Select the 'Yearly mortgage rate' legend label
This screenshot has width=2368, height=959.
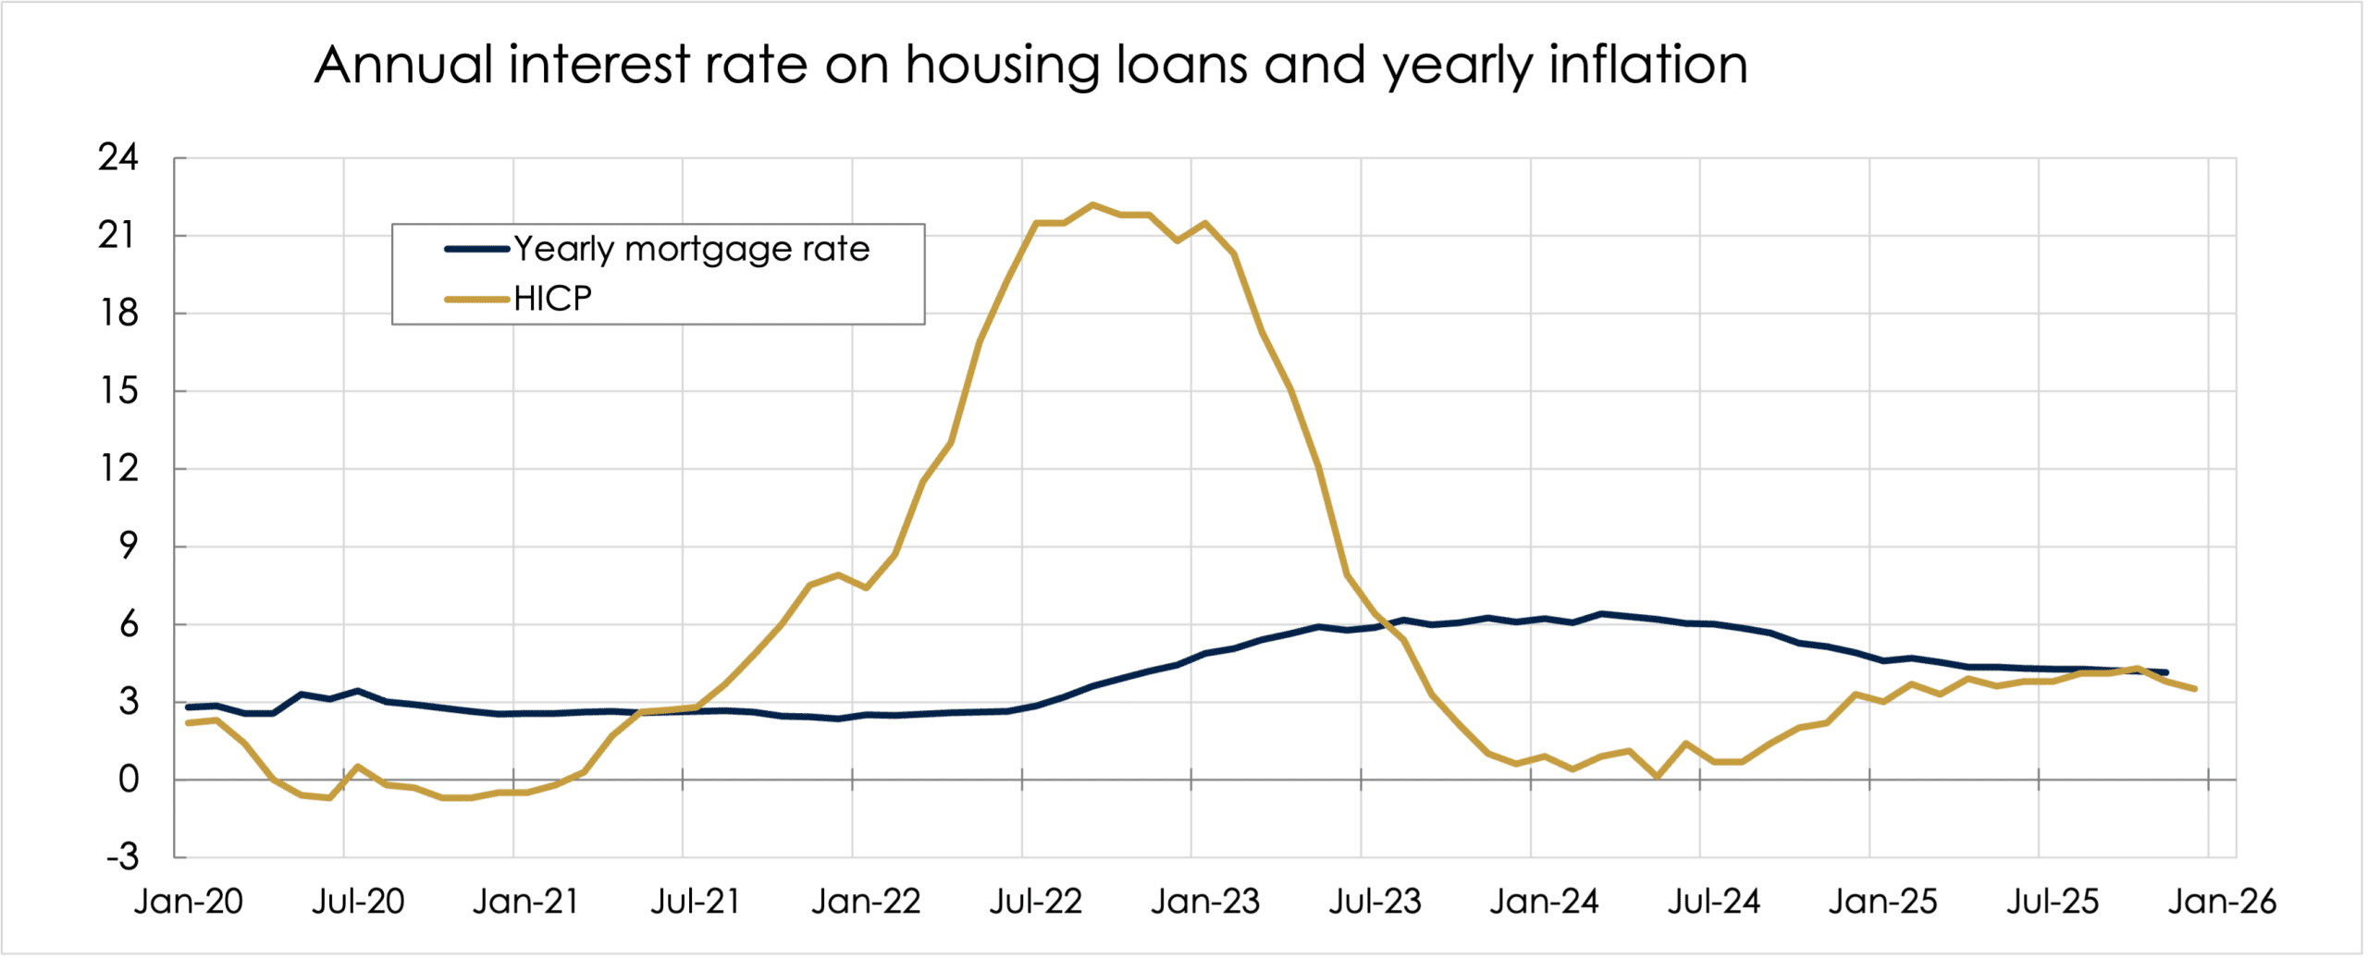pos(691,249)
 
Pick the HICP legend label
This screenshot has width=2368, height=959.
pos(552,299)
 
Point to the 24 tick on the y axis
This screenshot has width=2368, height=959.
pos(118,158)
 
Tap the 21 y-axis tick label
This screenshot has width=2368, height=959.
pos(118,236)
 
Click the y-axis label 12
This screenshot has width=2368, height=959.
pos(118,469)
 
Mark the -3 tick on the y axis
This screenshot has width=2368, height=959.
pos(121,857)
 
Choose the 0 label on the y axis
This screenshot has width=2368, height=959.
pos(129,780)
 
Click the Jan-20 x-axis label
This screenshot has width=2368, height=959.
pos(188,902)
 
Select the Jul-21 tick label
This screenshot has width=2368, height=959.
pos(696,902)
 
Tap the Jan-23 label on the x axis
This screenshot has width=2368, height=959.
pos(1204,902)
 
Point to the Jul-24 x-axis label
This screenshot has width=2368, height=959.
pos(1713,902)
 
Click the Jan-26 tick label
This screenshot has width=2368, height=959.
pos(2222,902)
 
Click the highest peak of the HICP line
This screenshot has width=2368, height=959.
pos(1092,204)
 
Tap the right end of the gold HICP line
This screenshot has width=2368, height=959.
pos(2194,689)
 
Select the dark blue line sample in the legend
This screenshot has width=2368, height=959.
pos(477,249)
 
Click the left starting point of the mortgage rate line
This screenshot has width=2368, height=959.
pos(188,707)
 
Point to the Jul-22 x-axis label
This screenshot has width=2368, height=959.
pos(1035,902)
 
